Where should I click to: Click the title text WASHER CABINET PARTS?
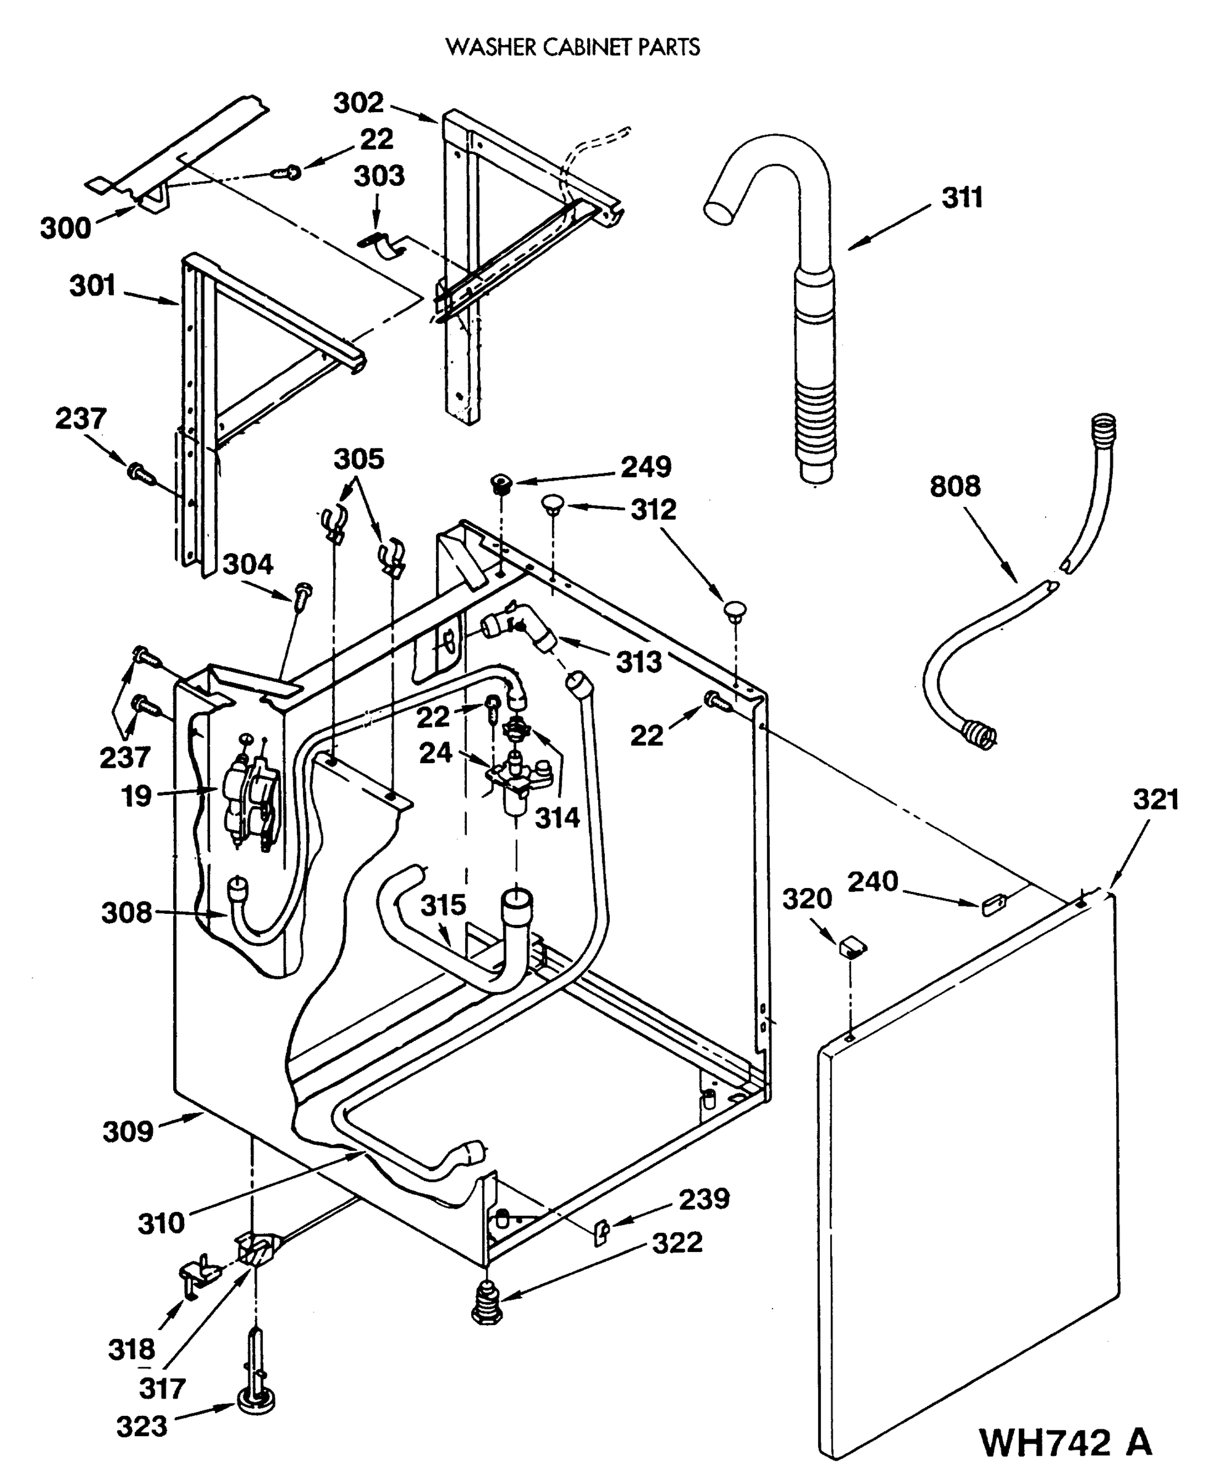pyautogui.click(x=573, y=47)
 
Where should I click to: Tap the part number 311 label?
pyautogui.click(x=961, y=198)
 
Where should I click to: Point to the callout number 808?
pyautogui.click(x=955, y=486)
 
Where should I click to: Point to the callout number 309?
pyautogui.click(x=127, y=1131)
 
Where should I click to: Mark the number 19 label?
pyautogui.click(x=136, y=796)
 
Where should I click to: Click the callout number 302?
pyautogui.click(x=358, y=103)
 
